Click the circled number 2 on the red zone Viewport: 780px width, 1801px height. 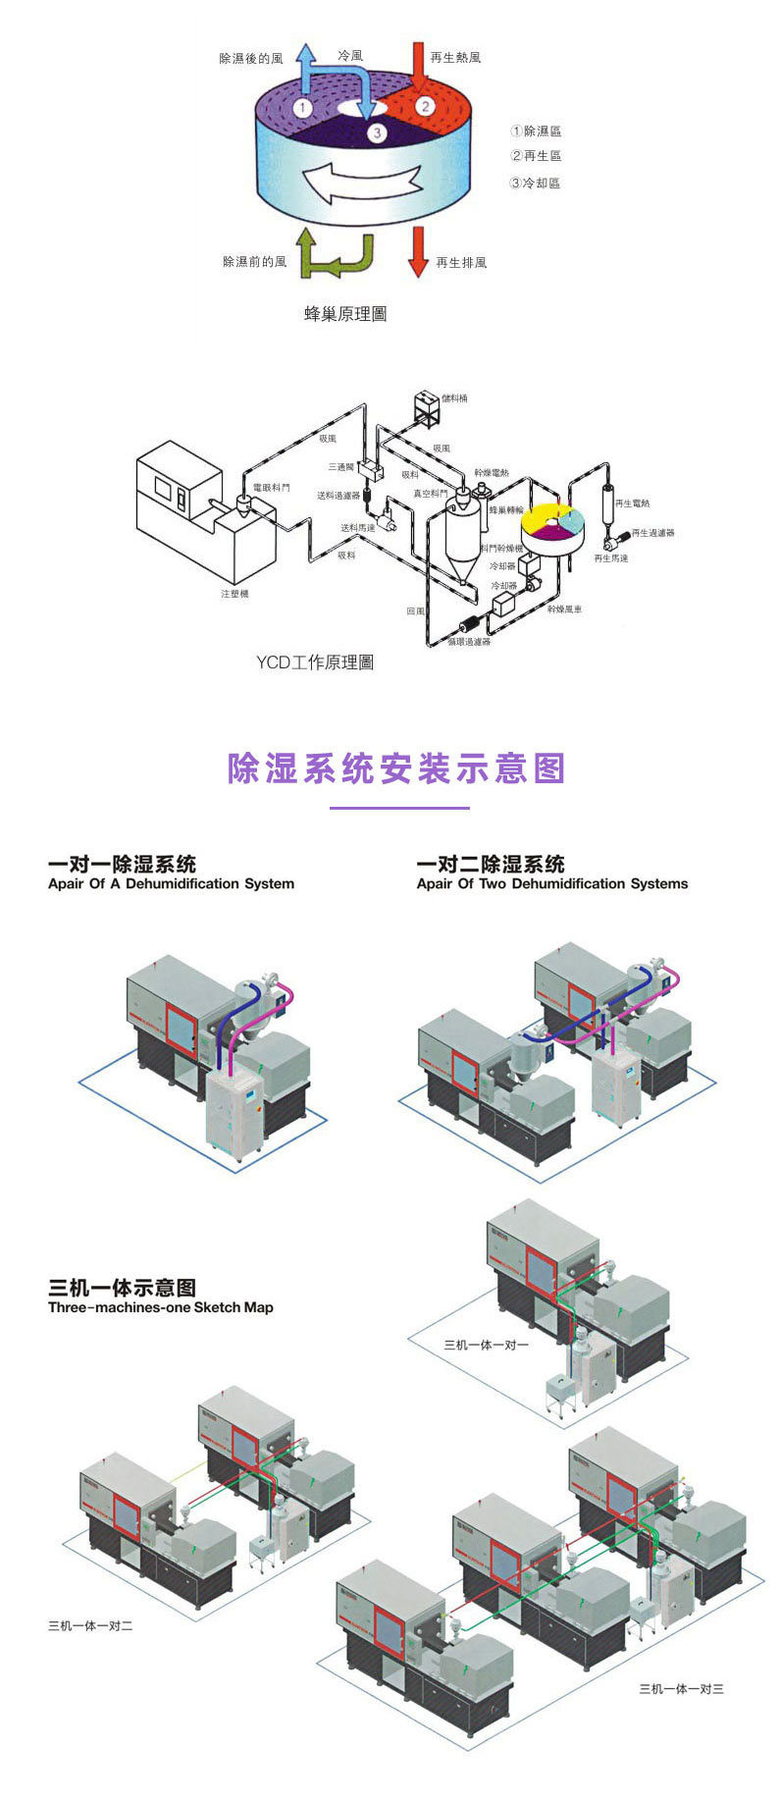[425, 105]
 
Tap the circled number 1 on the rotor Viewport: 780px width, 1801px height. [303, 107]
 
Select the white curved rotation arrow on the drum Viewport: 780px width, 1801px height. [362, 182]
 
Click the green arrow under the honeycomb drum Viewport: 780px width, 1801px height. [334, 254]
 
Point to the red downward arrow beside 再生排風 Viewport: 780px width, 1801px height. [418, 251]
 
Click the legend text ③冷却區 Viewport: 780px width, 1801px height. [535, 183]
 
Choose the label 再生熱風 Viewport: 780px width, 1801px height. [455, 58]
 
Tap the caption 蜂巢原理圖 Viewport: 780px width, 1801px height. [345, 314]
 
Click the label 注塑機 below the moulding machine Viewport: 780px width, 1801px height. [234, 594]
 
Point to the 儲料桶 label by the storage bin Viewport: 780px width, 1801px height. [454, 398]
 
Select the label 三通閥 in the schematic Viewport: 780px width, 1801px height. [340, 467]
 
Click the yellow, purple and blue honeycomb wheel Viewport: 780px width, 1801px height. [552, 527]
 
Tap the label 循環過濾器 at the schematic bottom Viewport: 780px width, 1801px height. [469, 642]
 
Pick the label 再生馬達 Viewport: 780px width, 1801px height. [611, 558]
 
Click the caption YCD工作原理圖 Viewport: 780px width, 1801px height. [315, 662]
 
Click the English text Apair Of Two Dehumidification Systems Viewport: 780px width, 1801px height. [551, 883]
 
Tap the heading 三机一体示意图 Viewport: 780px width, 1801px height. [122, 1287]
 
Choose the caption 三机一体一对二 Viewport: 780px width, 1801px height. [90, 1626]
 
